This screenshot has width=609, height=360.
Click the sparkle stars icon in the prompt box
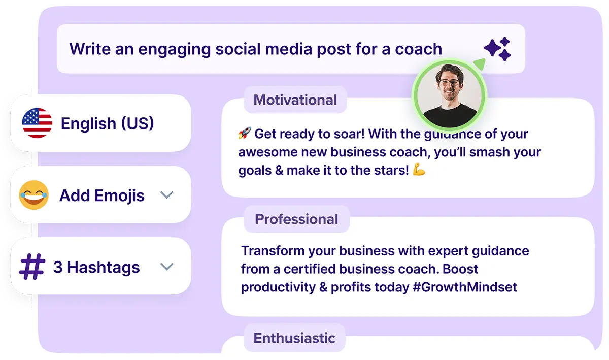click(x=497, y=49)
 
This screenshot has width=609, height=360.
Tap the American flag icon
click(x=37, y=123)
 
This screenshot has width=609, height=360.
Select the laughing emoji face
click(x=33, y=195)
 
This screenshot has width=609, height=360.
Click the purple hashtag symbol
click(x=32, y=267)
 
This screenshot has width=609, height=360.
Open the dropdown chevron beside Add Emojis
click(x=166, y=195)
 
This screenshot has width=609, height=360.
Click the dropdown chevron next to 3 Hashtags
click(x=166, y=267)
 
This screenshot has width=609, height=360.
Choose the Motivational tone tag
click(x=295, y=100)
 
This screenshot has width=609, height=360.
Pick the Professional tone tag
click(x=296, y=219)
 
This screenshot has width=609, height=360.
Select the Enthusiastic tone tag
click(x=294, y=338)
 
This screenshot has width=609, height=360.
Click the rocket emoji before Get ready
click(x=245, y=133)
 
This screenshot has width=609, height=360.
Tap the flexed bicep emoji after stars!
click(x=419, y=170)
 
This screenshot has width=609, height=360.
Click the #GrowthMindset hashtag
click(x=465, y=287)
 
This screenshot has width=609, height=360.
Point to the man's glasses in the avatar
click(x=450, y=82)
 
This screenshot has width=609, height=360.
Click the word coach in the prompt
click(x=418, y=49)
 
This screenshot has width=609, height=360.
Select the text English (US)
click(x=108, y=123)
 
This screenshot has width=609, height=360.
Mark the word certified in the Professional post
click(x=309, y=269)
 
